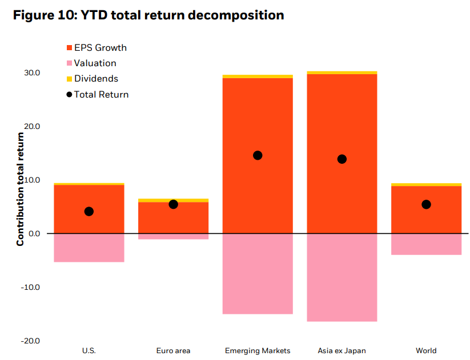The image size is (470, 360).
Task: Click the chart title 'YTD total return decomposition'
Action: click(182, 15)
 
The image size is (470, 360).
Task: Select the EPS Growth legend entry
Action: click(97, 47)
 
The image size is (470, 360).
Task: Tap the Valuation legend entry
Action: click(91, 63)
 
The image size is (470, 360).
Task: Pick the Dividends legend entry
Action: click(93, 79)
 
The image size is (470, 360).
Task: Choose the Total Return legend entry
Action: click(98, 94)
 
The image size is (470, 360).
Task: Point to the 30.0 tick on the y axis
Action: click(32, 73)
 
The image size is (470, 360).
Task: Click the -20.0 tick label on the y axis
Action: click(30, 341)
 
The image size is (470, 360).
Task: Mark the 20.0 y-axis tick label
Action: click(32, 127)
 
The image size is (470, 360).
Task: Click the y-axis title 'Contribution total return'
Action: click(20, 189)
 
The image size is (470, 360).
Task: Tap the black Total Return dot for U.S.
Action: click(89, 212)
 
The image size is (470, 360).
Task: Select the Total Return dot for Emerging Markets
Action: click(258, 155)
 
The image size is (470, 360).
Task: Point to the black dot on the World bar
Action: click(426, 205)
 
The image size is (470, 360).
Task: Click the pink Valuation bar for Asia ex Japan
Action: click(342, 278)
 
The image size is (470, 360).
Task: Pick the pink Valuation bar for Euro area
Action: click(173, 237)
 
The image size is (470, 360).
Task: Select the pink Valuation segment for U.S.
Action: click(89, 248)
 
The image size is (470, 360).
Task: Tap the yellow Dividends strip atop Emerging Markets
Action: click(258, 76)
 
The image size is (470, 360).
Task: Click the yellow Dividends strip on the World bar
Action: click(426, 184)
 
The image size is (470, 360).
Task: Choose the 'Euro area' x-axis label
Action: click(173, 351)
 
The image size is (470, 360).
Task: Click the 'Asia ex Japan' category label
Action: click(342, 351)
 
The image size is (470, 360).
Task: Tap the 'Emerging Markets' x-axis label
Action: click(258, 351)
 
